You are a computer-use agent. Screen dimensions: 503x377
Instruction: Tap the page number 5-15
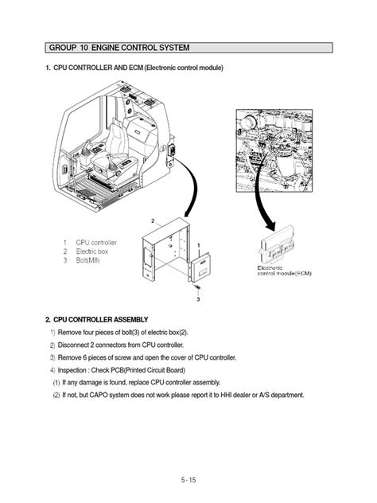(x=188, y=479)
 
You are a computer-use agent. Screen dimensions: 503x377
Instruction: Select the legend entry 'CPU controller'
(x=96, y=242)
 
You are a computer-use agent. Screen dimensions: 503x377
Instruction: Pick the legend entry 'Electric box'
(x=92, y=251)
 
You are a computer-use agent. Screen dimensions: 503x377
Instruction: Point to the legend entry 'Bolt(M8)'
(x=90, y=259)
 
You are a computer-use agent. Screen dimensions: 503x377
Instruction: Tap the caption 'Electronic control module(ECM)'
(x=285, y=271)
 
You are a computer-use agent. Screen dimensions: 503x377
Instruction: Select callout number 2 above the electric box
(x=152, y=218)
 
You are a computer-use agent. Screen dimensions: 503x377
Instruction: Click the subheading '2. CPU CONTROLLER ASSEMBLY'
(x=96, y=319)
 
